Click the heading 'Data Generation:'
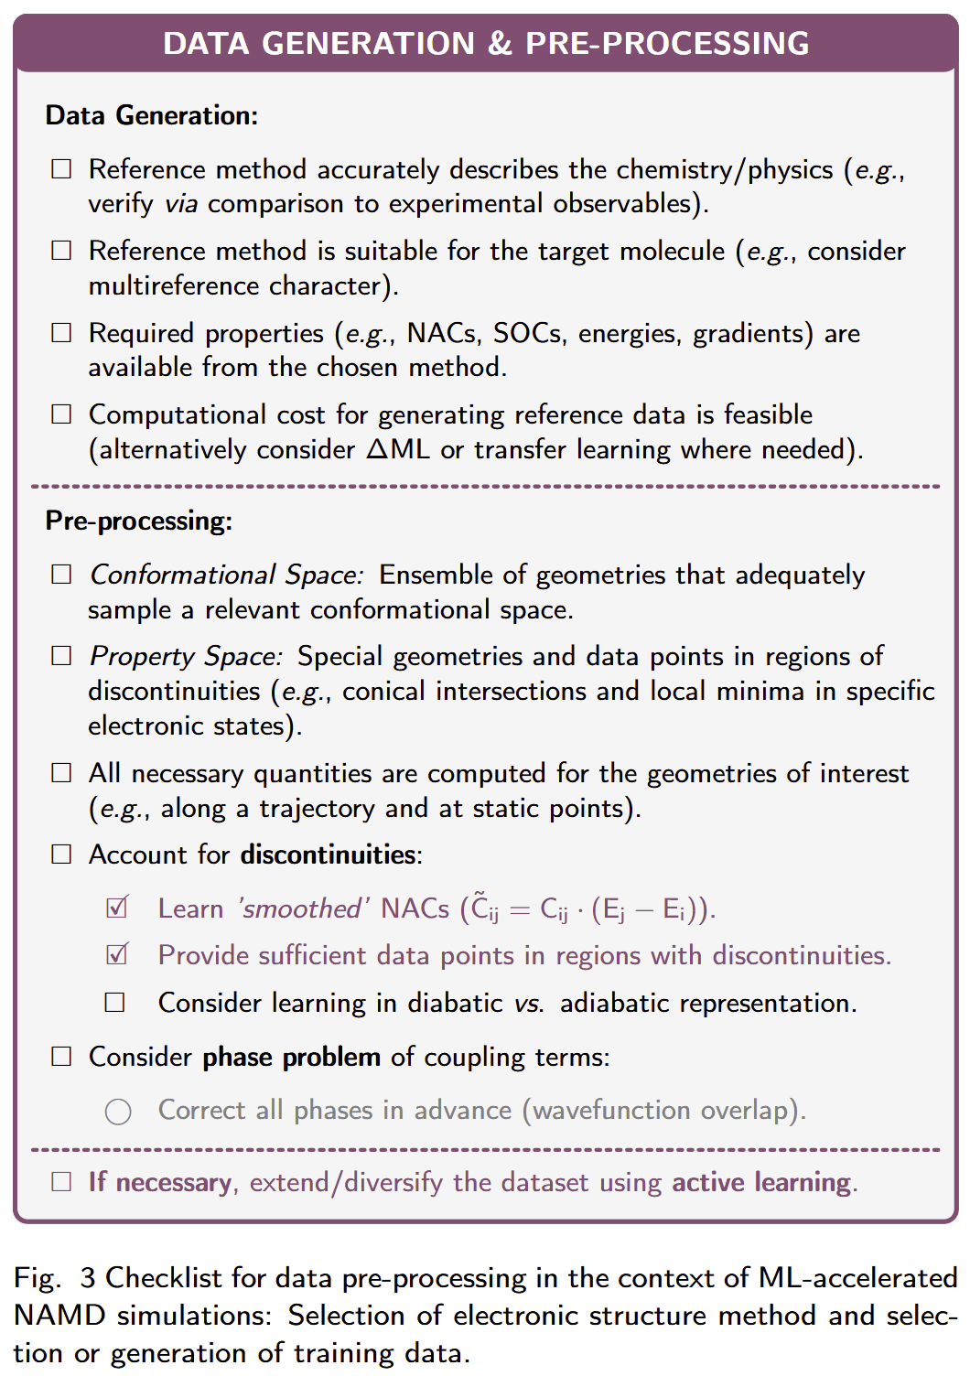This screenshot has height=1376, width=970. pyautogui.click(x=151, y=115)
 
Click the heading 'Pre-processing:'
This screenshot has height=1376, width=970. pyautogui.click(x=138, y=521)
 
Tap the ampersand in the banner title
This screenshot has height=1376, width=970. pyautogui.click(x=500, y=43)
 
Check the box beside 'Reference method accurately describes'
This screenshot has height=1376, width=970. pyautogui.click(x=61, y=169)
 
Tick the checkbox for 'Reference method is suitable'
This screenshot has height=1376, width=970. pyautogui.click(x=61, y=251)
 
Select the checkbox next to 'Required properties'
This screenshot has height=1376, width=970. pyautogui.click(x=61, y=333)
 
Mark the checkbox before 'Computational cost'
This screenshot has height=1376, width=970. pyautogui.click(x=61, y=414)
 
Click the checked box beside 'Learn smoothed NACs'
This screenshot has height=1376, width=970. pyautogui.click(x=116, y=908)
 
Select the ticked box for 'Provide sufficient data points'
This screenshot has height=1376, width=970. pyautogui.click(x=116, y=954)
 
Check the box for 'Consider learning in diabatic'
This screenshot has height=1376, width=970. pyautogui.click(x=115, y=1003)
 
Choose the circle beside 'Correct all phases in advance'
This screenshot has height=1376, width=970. pyautogui.click(x=118, y=1112)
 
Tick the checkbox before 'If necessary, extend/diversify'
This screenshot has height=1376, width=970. pyautogui.click(x=61, y=1182)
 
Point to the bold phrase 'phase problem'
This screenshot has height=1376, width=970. pyautogui.click(x=291, y=1057)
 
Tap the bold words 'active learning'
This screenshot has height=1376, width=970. pyautogui.click(x=761, y=1182)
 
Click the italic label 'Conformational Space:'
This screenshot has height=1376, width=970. pyautogui.click(x=226, y=575)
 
